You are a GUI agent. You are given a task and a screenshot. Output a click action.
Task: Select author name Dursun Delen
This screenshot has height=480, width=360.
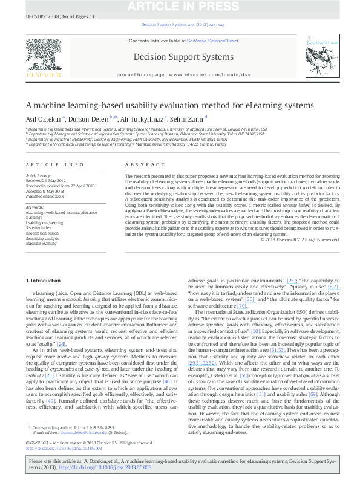pos(89,118)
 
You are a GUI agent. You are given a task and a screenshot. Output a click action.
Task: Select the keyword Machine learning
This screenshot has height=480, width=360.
pos(42,243)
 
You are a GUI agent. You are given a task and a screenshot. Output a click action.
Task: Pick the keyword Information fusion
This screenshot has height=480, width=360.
pos(43,233)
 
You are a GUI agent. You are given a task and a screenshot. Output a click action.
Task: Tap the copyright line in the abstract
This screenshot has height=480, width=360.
pos(299,256)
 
